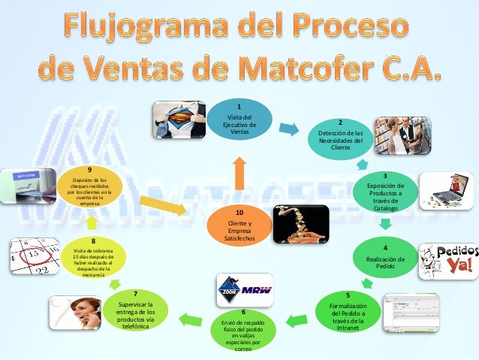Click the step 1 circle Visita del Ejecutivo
coord(239,121)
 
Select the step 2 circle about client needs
coord(340,136)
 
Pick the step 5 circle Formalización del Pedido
coord(348,312)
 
